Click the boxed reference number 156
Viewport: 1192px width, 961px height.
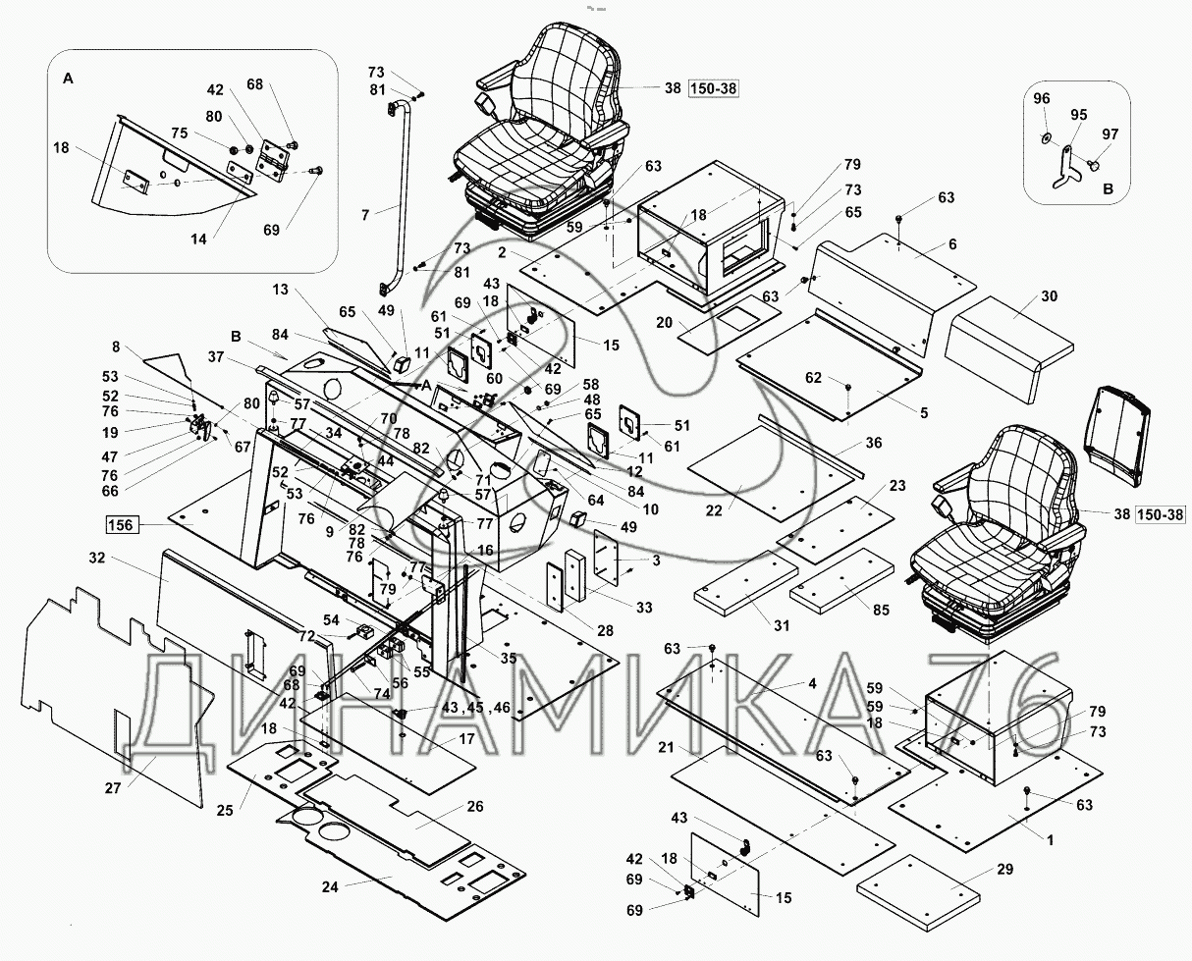click(122, 524)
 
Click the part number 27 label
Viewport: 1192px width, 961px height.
click(113, 787)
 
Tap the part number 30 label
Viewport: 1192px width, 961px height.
click(1049, 296)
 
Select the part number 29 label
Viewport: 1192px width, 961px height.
click(1004, 869)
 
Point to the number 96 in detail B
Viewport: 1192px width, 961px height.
click(1042, 98)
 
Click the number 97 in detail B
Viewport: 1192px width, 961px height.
click(1111, 134)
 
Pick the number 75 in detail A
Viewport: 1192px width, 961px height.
click(179, 133)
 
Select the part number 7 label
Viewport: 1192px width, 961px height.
click(365, 215)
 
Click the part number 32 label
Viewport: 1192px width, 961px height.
click(97, 558)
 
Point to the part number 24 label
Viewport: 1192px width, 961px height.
click(330, 887)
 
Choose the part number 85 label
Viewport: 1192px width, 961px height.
click(881, 610)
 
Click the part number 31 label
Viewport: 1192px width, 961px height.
click(781, 626)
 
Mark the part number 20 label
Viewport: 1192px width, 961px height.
click(664, 322)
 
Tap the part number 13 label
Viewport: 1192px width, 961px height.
click(280, 290)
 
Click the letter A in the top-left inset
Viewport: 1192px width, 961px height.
click(68, 79)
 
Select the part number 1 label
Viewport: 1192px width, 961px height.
click(1050, 840)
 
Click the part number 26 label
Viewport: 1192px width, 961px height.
click(475, 807)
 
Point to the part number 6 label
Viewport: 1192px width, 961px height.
click(952, 244)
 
